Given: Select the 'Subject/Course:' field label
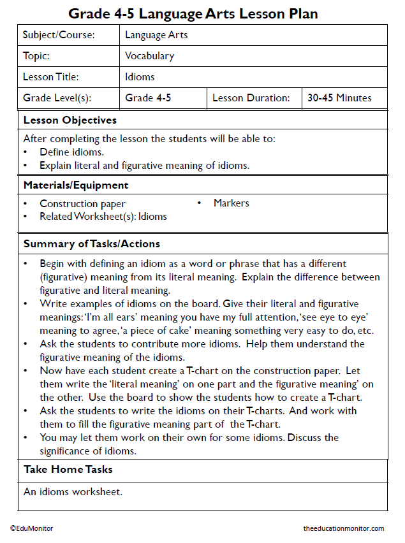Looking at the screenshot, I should click(59, 35).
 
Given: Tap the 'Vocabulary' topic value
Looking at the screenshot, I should click(149, 56).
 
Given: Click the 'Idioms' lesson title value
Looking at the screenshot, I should click(140, 77).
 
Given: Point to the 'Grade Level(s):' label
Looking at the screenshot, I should click(57, 98).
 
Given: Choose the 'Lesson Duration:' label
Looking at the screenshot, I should click(251, 98).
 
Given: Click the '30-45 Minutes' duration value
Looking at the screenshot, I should click(339, 98).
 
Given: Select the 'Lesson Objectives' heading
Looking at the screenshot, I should click(70, 120).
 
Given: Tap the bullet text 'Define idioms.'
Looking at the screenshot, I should click(71, 152).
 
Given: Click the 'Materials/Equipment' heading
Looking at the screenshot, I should click(76, 185).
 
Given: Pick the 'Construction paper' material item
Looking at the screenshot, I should click(82, 204).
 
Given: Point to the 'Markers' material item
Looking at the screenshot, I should click(231, 203).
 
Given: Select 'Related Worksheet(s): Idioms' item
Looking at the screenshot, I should click(103, 217).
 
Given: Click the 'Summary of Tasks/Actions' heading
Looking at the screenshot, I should click(92, 244).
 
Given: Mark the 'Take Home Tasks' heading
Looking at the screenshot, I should click(68, 470).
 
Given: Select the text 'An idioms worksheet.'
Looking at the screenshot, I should click(73, 492).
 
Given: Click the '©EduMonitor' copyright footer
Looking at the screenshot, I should click(31, 528).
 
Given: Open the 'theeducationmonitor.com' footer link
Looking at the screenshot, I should click(344, 528).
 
